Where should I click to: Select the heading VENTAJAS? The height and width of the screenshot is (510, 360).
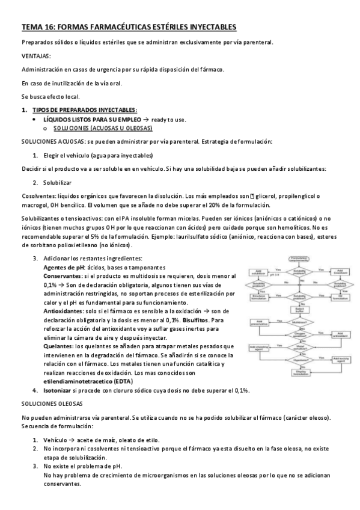coord(35,56)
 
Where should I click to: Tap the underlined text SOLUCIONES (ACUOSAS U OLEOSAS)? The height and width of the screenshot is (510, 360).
coord(103,128)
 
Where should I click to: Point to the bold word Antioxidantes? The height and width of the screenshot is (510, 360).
coord(64,312)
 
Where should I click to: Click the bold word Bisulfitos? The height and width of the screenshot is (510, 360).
coord(183,321)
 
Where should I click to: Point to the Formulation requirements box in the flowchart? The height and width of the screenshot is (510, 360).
coord(299,259)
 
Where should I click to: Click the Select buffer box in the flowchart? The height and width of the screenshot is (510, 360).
coord(299,309)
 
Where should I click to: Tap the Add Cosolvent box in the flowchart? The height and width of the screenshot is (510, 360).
coord(340,271)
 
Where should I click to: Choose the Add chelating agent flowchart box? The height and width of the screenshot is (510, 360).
coord(259,348)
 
